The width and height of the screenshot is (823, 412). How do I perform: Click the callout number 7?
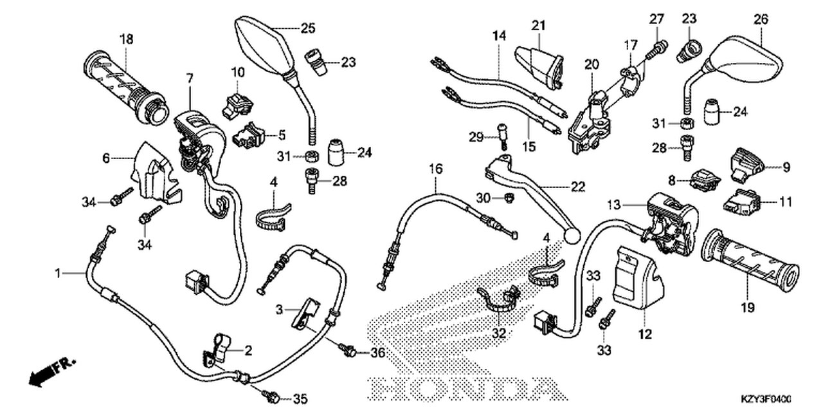tap(190, 78)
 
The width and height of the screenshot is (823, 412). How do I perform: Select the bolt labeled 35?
tap(272, 397)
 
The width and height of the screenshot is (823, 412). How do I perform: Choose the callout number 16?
tap(436, 169)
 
